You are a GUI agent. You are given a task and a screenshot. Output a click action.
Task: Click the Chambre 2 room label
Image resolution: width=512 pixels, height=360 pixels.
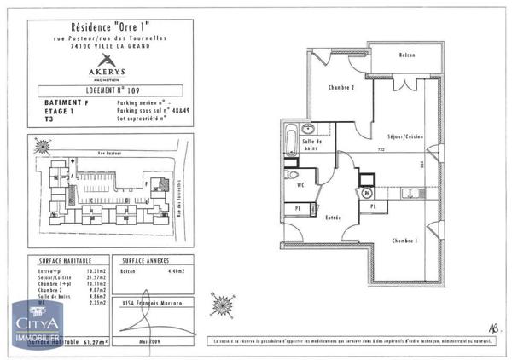[341, 87]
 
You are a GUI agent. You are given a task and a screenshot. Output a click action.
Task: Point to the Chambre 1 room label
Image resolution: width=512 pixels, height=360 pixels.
[404, 241]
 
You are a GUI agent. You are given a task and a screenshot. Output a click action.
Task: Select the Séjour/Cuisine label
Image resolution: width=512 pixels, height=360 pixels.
[407, 136]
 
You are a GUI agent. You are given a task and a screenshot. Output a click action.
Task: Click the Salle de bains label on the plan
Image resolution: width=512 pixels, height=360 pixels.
[311, 145]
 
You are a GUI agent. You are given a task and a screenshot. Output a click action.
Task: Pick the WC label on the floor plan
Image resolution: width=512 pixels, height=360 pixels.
[301, 183]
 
